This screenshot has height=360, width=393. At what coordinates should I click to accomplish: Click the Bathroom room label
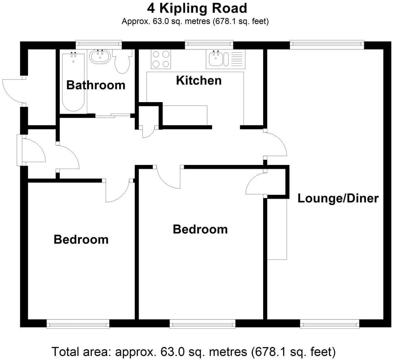point(96,85)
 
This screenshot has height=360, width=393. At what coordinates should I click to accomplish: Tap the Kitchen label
point(199,80)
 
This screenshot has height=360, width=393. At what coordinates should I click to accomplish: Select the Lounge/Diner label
point(338,198)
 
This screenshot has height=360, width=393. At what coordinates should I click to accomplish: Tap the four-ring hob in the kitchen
point(161,59)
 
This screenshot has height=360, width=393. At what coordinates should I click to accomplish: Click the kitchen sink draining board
point(237,59)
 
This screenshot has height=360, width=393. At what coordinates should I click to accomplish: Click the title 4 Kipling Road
point(197,8)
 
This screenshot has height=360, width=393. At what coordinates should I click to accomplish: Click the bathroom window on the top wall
point(99,44)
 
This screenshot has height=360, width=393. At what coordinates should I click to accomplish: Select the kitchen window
point(209,44)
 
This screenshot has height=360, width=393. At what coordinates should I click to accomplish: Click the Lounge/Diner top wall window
point(327,44)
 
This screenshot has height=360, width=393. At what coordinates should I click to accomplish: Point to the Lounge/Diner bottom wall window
point(329,324)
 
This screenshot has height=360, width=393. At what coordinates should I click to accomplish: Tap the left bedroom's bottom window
point(78,324)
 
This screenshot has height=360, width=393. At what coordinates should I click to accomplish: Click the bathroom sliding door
point(113,115)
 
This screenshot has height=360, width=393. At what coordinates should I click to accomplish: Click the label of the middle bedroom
point(200,229)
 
